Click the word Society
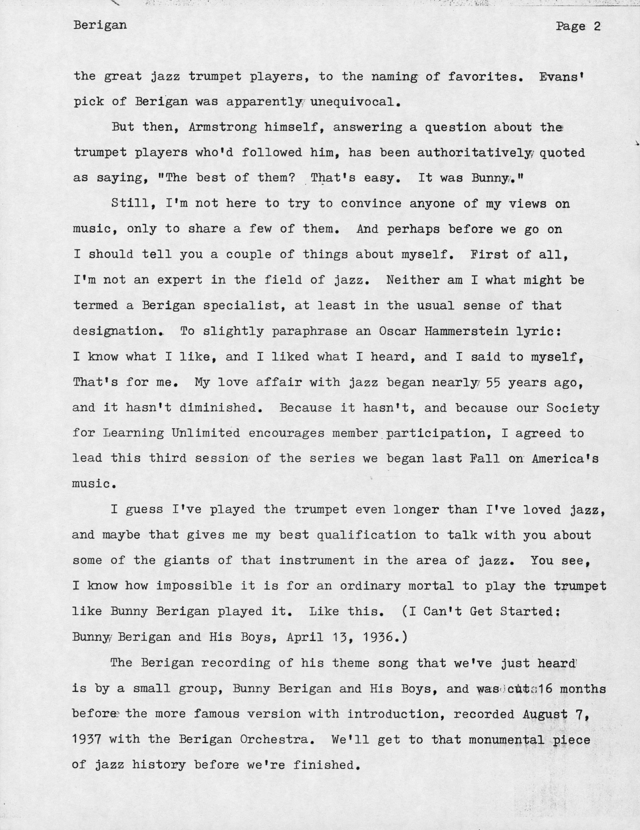tap(573, 408)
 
